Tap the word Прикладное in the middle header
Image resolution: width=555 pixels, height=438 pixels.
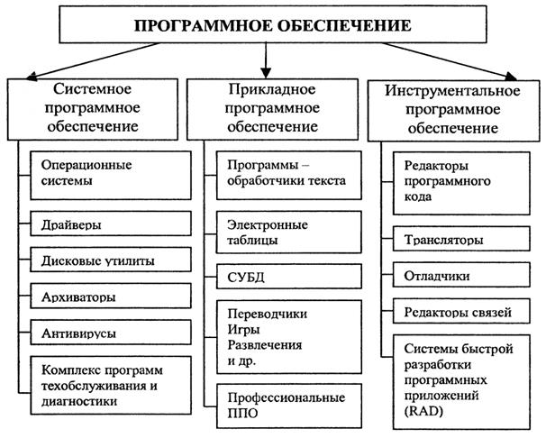(x=270, y=92)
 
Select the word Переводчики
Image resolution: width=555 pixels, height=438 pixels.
(x=267, y=314)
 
